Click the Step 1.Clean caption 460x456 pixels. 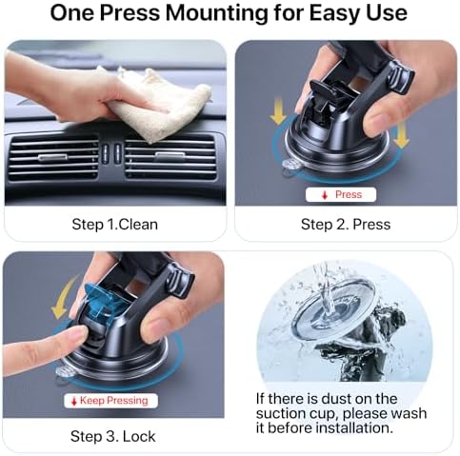115,225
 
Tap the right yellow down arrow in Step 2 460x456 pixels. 401,136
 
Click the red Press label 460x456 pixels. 344,194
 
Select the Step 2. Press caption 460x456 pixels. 345,225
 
